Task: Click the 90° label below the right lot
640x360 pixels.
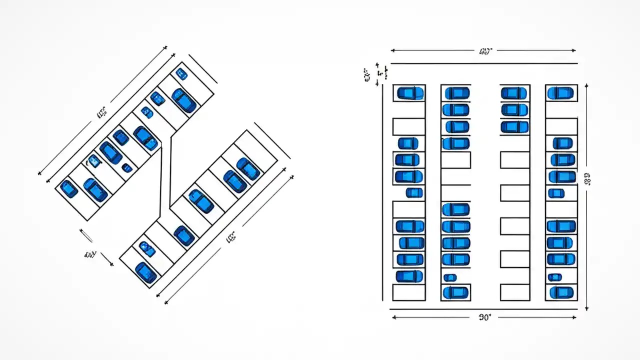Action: pos(484,317)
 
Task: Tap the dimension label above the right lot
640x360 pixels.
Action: pos(485,50)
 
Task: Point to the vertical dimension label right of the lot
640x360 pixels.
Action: pos(587,178)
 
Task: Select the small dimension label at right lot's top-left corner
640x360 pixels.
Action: pos(366,75)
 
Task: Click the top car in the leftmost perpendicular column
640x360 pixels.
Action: pos(410,93)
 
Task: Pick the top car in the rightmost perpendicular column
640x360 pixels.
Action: pos(560,93)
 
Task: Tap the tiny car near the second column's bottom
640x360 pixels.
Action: pos(450,277)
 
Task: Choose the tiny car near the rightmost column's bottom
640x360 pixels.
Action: pos(554,277)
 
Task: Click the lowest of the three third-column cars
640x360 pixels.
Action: pos(514,126)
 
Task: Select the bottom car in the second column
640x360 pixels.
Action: pos(455,292)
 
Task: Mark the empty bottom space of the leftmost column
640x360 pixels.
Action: pos(408,292)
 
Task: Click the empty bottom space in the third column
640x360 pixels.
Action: pos(515,292)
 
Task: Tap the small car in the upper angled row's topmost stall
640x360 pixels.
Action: pos(181,74)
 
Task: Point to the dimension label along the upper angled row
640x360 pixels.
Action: pos(101,113)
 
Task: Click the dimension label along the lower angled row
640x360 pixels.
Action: pos(230,238)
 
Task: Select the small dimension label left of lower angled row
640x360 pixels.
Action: pos(90,254)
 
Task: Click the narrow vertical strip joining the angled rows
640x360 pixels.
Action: pos(165,175)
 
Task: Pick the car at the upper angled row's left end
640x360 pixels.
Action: pos(69,188)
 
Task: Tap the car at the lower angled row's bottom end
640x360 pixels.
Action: pos(145,272)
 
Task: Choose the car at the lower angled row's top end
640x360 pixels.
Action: pos(248,168)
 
